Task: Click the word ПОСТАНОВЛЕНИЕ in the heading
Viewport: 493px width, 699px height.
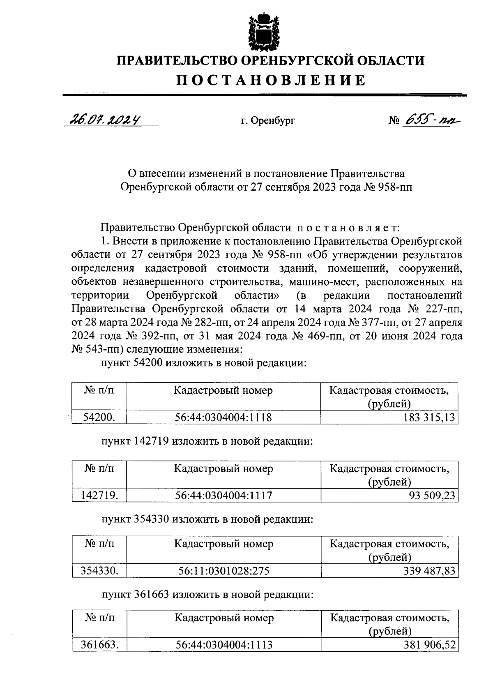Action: [271, 80]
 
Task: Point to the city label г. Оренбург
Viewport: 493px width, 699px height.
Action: [268, 121]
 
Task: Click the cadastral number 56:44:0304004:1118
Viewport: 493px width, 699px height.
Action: [223, 418]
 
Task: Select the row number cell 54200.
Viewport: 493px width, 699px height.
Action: [99, 418]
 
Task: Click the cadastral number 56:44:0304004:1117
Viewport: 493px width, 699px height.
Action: [223, 496]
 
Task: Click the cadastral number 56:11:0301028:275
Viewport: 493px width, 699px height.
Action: [223, 571]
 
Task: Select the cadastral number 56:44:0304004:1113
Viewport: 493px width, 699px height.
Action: [224, 645]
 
